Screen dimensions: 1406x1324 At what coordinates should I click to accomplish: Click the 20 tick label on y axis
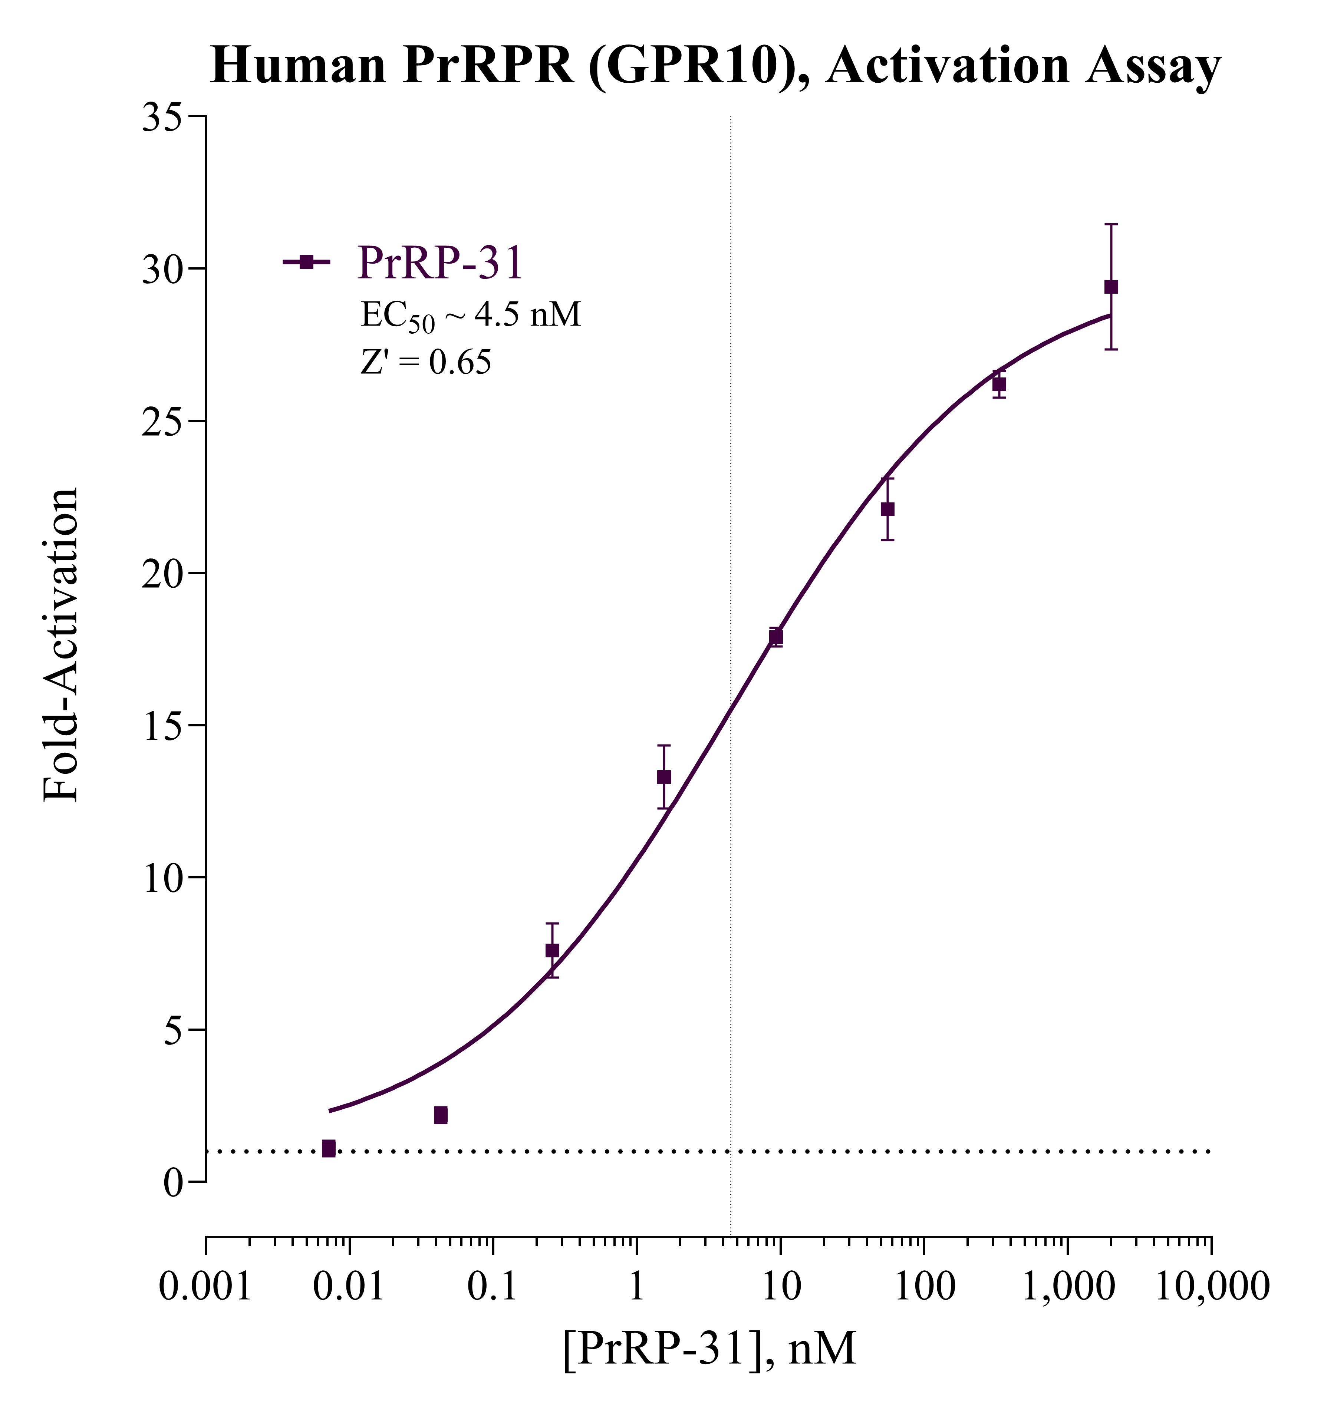tap(162, 574)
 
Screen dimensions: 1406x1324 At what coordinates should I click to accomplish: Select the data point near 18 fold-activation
tap(776, 637)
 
